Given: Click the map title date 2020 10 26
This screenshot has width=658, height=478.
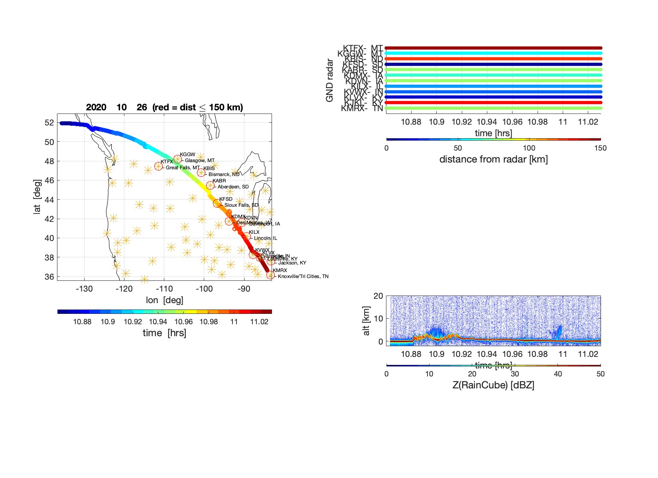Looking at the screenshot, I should click(x=116, y=107).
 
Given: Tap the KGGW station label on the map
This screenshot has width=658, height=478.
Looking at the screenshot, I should click(x=187, y=155).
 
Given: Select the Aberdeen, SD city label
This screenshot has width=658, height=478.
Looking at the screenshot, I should click(x=233, y=186).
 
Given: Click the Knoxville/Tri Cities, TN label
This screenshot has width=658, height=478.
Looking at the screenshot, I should click(x=303, y=276).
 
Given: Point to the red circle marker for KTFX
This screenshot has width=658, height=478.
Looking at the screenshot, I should click(x=159, y=166).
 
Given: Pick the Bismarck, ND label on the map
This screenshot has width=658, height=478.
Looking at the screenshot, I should click(x=224, y=174).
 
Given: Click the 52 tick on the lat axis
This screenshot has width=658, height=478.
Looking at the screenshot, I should click(x=49, y=123).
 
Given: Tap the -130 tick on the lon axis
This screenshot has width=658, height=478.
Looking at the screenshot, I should click(x=84, y=289).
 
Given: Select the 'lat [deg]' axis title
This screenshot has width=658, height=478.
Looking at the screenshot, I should click(x=37, y=197).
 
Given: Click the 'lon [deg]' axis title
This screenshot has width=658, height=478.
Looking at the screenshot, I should click(x=164, y=300).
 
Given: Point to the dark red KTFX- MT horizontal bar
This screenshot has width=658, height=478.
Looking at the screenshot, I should click(x=493, y=48).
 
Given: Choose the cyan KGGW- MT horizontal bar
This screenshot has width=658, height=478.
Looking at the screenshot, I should click(x=493, y=53).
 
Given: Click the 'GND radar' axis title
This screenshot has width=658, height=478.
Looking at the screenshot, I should click(x=329, y=80).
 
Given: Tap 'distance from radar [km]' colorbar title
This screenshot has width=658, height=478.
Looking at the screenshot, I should click(x=493, y=159).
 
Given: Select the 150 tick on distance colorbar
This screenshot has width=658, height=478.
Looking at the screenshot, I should click(x=600, y=148).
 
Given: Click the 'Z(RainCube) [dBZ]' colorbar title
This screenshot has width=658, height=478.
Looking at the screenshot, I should click(x=493, y=385).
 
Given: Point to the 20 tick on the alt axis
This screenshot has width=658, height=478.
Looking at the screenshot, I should click(x=378, y=296).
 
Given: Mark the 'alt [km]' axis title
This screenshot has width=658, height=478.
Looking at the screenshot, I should click(x=366, y=321).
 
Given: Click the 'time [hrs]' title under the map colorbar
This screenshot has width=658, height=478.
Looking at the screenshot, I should click(x=164, y=333).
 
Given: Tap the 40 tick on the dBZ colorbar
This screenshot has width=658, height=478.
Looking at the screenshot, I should click(x=558, y=374).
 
